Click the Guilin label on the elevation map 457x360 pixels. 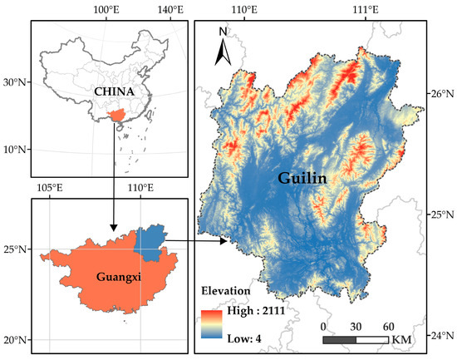305,178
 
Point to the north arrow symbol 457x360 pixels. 224,53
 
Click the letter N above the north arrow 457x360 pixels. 223,32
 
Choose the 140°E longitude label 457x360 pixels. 170,8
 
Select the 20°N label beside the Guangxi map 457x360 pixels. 14,340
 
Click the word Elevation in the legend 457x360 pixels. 226,292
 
